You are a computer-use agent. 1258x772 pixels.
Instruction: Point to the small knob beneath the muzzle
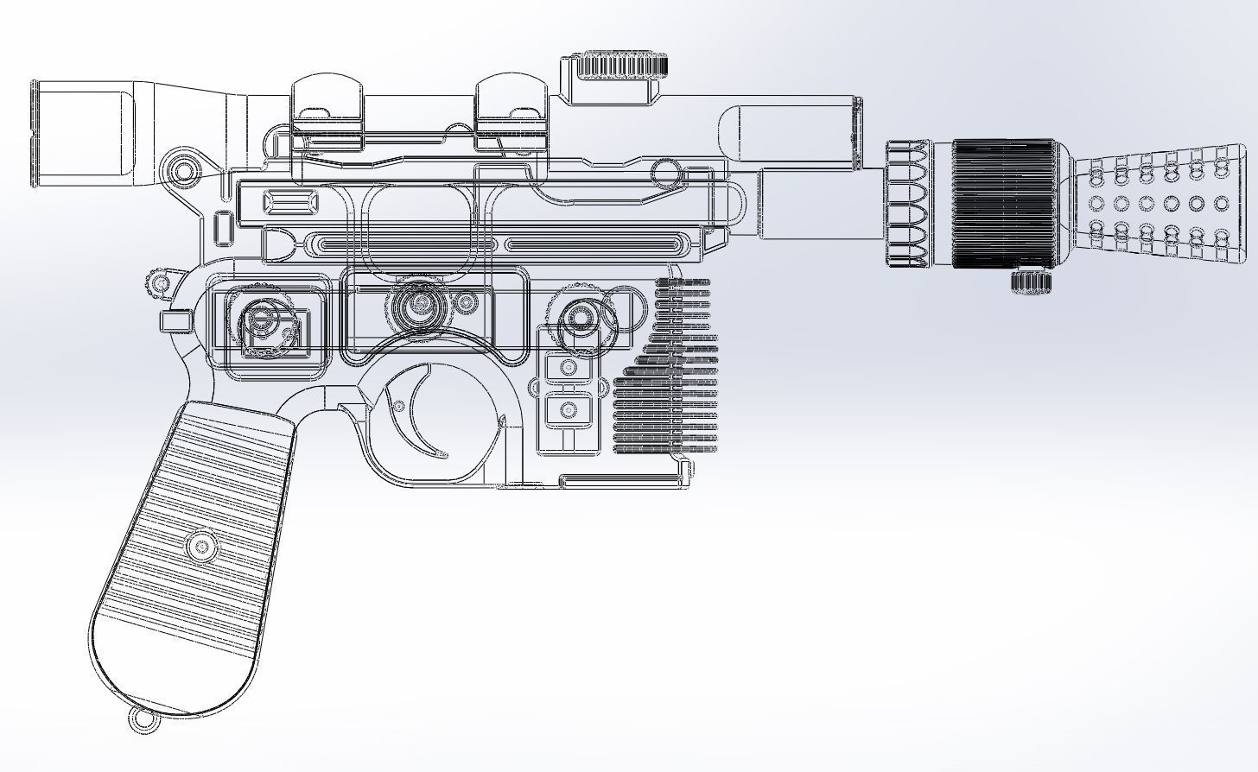tap(1030, 281)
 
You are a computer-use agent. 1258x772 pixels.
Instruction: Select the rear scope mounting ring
tap(327, 112)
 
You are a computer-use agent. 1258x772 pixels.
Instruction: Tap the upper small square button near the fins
tap(569, 367)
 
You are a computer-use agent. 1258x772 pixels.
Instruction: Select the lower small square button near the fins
tap(569, 408)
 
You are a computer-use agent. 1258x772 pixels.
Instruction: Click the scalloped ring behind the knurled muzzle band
tap(907, 204)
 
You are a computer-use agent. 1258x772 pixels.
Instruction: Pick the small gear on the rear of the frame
tap(160, 283)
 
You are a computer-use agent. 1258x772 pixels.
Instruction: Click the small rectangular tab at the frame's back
tap(174, 322)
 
